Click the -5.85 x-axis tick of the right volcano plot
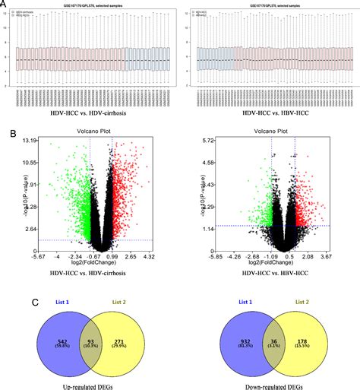[x=216, y=257]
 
